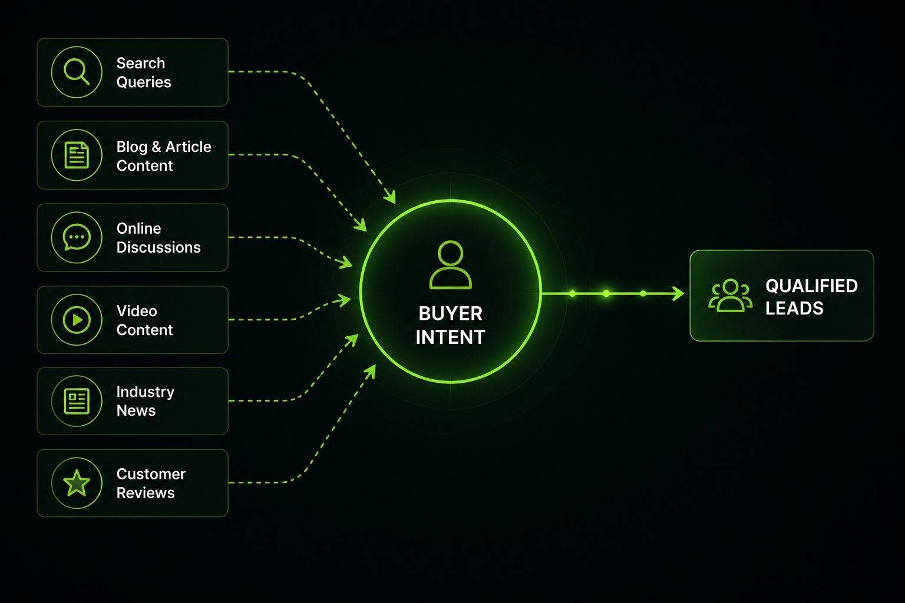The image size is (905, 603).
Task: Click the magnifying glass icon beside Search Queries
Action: pos(77,72)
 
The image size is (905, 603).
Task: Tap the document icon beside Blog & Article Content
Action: pos(77,155)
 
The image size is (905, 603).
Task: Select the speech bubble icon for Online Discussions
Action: pos(77,237)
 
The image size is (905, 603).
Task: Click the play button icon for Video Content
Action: pos(77,320)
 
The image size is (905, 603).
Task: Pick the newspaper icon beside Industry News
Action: pos(77,401)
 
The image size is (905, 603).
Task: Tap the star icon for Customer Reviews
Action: pos(77,483)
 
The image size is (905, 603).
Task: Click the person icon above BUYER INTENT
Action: pos(450,265)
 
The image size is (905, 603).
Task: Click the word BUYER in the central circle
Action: pos(451,314)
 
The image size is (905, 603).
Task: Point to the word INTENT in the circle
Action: pos(451,337)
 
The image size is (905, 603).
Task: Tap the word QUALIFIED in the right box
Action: pos(811,286)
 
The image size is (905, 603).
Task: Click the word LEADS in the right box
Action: pos(794,308)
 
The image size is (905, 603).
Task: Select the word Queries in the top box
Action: pos(144,82)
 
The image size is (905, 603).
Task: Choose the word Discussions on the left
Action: pos(158,247)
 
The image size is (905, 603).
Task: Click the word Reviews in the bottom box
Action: pos(146,493)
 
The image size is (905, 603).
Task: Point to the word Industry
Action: pos(146,392)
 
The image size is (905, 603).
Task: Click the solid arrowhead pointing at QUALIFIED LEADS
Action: pos(678,294)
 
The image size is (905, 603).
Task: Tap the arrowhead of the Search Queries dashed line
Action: pos(390,197)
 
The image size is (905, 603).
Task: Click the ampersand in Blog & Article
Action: pos(156,147)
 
